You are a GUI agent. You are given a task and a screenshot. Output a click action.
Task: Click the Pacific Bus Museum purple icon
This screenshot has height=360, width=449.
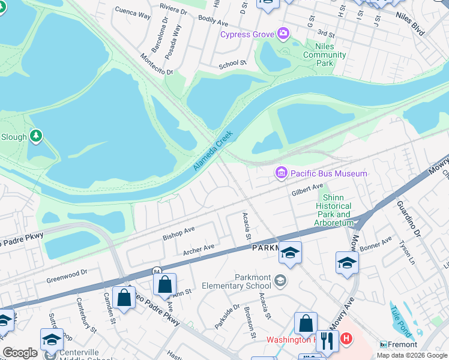point(281,173)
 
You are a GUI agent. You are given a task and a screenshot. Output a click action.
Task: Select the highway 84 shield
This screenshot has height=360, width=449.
point(156,271)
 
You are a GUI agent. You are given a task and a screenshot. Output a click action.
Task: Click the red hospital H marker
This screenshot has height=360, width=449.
point(345,340)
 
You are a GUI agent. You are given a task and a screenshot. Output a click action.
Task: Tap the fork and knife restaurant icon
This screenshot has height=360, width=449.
point(327,340)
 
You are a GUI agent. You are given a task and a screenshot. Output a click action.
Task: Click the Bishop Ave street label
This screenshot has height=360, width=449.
point(179,233)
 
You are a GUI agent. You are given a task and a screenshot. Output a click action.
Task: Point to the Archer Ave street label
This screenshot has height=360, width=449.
point(199,248)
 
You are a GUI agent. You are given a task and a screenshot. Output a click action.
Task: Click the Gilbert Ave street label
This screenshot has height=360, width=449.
point(307,190)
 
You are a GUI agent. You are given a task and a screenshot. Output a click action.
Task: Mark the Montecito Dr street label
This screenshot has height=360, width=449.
point(156,63)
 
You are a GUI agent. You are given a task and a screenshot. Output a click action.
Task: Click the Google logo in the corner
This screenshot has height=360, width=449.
point(20,352)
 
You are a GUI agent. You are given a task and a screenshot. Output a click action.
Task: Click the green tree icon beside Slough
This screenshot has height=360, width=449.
point(37,136)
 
